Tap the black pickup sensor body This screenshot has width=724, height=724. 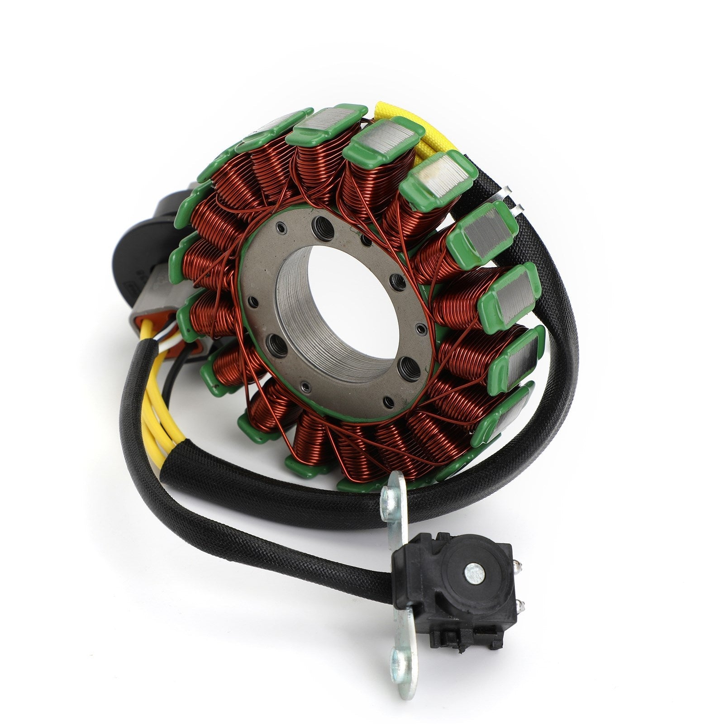(x=448, y=588)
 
